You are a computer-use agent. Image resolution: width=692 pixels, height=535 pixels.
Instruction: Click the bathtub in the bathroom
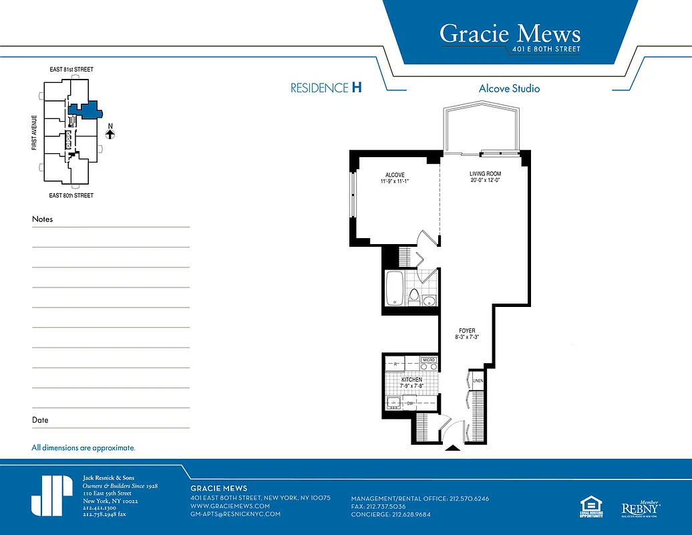pos(395,288)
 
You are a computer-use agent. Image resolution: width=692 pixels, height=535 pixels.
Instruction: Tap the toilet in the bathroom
pos(414,295)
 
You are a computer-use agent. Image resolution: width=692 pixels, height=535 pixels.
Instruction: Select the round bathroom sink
pos(429,299)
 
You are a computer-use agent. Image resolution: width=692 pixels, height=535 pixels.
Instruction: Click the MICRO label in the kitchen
pos(429,360)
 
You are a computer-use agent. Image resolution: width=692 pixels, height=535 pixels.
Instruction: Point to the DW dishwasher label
pos(410,404)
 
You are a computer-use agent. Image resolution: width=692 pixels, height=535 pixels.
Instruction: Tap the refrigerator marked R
pos(396,364)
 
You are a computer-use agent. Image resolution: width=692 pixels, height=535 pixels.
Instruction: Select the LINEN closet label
pos(478,381)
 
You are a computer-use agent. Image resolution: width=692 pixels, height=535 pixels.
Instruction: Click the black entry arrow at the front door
pos(453,448)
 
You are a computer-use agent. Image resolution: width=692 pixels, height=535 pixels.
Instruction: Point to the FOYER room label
pos(467,331)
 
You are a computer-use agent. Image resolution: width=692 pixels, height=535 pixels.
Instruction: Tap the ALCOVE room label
pos(395,175)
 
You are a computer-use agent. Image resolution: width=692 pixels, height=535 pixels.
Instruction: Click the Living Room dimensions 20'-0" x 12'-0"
pos(485,181)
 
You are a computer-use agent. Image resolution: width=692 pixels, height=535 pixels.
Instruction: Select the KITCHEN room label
pos(411,380)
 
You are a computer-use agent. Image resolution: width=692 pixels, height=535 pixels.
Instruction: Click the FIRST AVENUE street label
pos(34,132)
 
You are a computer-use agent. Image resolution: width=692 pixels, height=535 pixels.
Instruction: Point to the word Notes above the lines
pos(42,219)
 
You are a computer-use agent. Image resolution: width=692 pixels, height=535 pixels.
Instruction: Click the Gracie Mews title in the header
pos(510,33)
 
